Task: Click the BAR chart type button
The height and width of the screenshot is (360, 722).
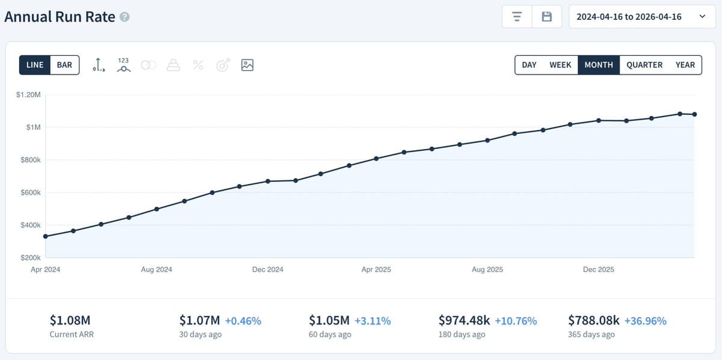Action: pos(64,65)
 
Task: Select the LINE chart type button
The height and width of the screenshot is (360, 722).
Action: pos(35,65)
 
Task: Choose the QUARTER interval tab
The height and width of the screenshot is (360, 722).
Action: pos(644,65)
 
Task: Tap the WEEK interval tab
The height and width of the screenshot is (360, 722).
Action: pos(560,65)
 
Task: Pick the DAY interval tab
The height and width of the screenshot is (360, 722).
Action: pos(529,65)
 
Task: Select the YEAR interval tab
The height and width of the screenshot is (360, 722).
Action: pos(685,65)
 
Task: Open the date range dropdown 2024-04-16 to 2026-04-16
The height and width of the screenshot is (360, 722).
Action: pos(641,17)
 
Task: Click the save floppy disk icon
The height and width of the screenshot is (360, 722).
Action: pos(547,17)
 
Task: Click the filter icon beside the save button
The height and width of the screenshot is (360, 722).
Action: pos(517,17)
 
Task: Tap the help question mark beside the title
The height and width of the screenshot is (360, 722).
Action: pos(125,17)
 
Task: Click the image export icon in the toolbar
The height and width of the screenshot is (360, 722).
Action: pos(247,65)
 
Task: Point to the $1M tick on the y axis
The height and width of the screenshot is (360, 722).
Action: pos(32,127)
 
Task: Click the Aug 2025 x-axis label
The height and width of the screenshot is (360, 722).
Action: pos(487,270)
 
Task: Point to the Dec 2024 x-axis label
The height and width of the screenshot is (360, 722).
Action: pos(268,270)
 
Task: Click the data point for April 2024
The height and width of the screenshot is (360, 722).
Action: pos(46,236)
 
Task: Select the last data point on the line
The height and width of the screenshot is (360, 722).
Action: pos(695,114)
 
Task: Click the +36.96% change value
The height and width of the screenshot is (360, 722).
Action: pos(645,321)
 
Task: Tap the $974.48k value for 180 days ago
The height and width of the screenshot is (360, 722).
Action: pos(464,321)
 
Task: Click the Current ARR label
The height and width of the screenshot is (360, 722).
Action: pos(72,335)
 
